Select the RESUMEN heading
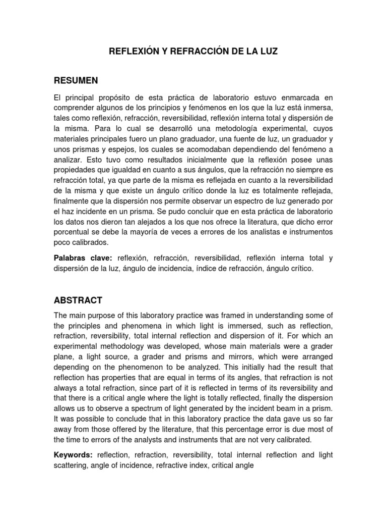[x=76, y=80]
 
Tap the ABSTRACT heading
[x=78, y=300]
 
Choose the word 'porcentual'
[x=72, y=232]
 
